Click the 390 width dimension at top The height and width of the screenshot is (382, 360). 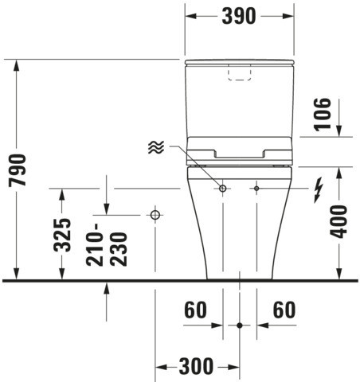[x=239, y=16]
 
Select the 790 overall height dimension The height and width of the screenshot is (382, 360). [x=18, y=170]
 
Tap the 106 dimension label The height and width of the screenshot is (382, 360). [x=323, y=115]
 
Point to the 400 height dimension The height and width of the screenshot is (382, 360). [x=338, y=221]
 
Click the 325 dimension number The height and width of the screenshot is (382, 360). [x=62, y=235]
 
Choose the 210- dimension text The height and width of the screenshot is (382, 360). [x=95, y=245]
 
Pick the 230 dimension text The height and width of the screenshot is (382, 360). [x=119, y=249]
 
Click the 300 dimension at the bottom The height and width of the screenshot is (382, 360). [x=196, y=366]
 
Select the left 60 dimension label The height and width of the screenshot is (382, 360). [x=195, y=310]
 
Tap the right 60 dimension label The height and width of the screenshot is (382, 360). [x=284, y=310]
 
